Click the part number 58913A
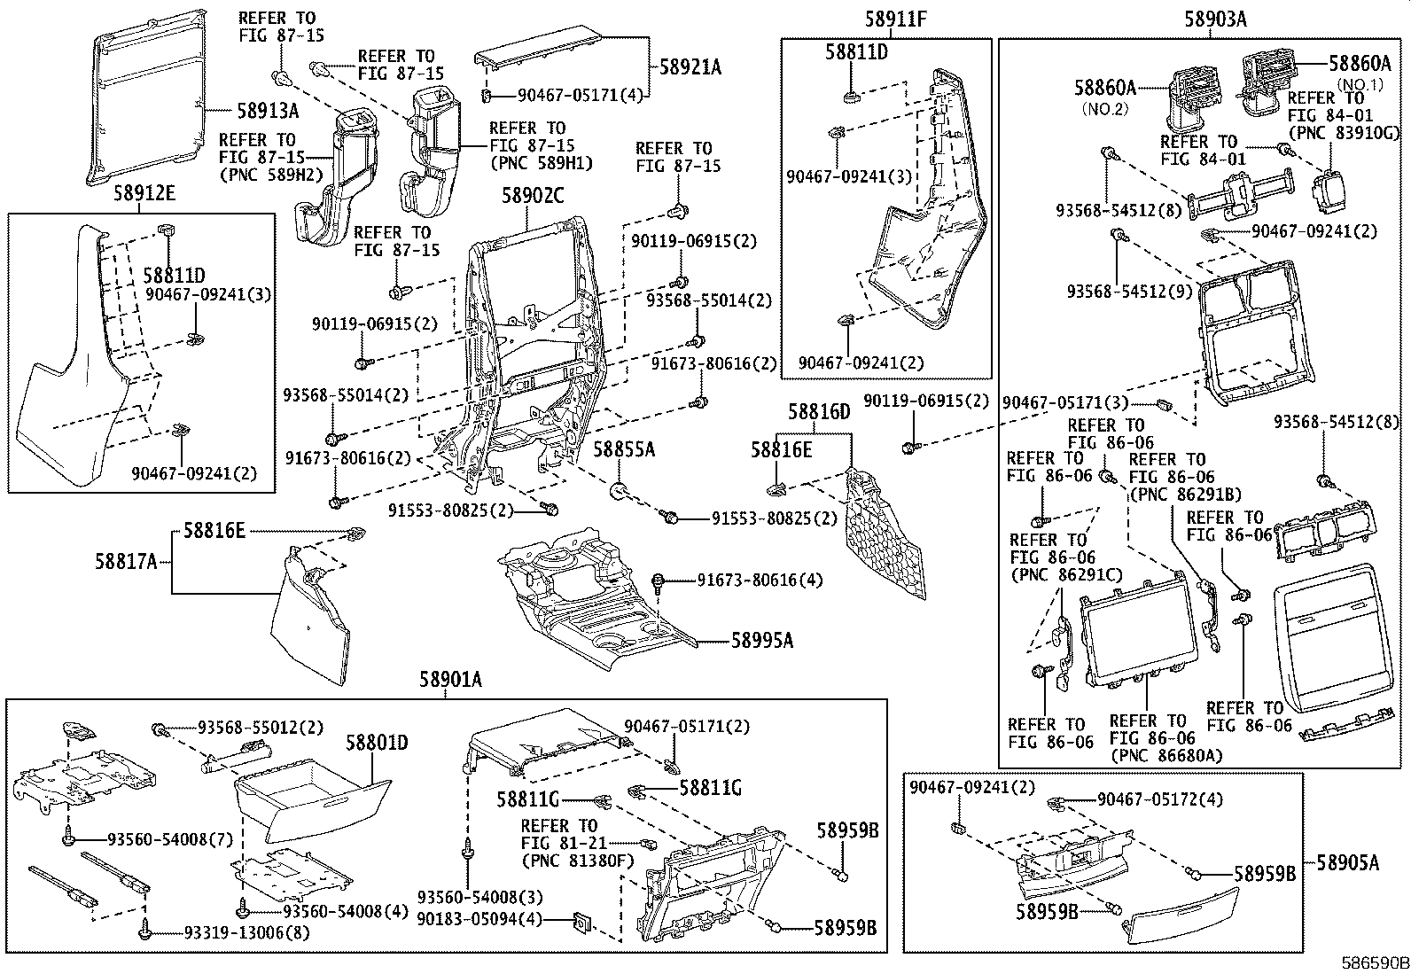pos(267,111)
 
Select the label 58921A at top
pos(689,66)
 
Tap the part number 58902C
pos(533,196)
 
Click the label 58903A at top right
pos(1215,19)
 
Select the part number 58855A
pos(624,450)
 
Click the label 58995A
pos(761,640)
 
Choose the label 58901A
pos(450,679)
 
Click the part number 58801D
pos(377,743)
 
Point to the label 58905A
pos(1347,861)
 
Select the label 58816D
pos(819,411)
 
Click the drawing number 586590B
pos(1374,963)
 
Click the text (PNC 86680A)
pos(1165,755)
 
